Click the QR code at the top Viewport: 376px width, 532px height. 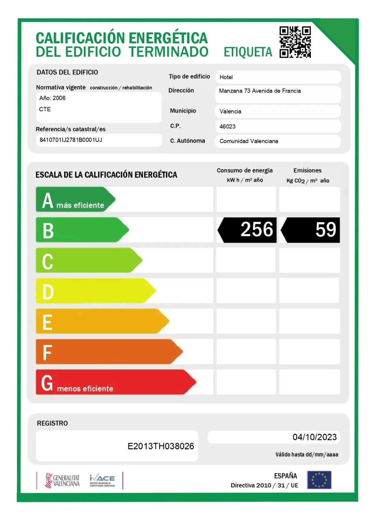[295, 42]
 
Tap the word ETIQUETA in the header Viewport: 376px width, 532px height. [248, 52]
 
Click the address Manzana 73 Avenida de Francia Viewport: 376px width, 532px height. [260, 91]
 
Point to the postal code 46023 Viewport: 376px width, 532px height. [227, 126]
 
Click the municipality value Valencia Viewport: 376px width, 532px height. [230, 111]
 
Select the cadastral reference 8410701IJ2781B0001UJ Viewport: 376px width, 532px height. [71, 140]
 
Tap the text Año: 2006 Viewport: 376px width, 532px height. [52, 98]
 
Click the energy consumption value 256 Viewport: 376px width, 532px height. [256, 230]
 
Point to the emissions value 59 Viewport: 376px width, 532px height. [325, 230]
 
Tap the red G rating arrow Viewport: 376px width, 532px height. [115, 382]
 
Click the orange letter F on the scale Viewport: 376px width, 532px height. [47, 352]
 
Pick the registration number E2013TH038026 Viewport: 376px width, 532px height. [161, 446]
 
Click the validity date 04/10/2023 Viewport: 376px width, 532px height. [314, 437]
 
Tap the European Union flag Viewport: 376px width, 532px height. [319, 480]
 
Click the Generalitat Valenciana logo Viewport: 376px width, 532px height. [62, 481]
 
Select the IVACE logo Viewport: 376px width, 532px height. [102, 480]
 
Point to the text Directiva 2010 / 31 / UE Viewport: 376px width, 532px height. [264, 485]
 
